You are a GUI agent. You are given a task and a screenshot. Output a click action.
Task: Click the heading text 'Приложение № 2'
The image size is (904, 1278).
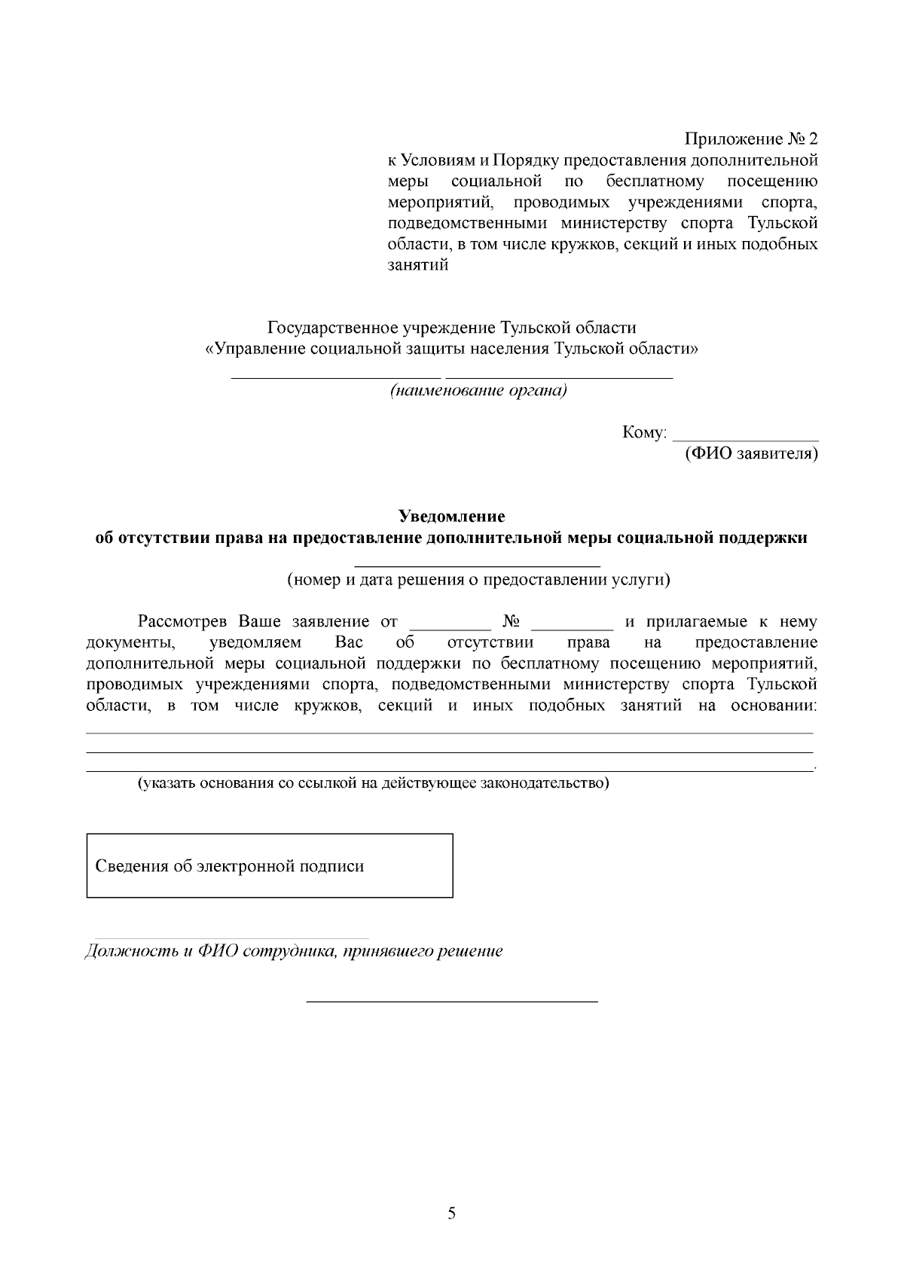(x=750, y=139)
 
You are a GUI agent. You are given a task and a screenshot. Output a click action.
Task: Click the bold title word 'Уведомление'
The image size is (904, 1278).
(x=451, y=517)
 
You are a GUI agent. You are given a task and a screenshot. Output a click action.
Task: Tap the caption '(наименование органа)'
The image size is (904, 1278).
(x=478, y=391)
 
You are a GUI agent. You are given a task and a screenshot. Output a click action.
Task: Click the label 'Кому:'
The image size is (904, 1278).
(x=645, y=433)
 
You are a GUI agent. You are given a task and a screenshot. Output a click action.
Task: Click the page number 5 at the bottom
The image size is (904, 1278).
(x=451, y=1213)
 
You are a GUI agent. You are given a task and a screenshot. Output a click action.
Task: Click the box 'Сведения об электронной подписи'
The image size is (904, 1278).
(x=269, y=865)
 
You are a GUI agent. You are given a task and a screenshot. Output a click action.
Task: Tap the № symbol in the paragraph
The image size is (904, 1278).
(x=512, y=621)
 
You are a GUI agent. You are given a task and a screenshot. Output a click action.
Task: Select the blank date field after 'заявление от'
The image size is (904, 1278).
(x=450, y=625)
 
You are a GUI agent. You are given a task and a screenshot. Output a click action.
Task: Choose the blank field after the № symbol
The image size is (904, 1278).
(x=573, y=625)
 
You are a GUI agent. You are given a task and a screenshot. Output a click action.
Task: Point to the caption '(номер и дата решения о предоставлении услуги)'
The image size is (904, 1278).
(x=478, y=580)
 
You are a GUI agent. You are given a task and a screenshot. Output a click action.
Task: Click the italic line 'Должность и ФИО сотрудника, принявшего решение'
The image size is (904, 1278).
(x=293, y=950)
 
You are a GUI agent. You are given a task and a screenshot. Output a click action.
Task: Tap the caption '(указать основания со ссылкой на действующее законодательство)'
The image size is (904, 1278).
(x=373, y=782)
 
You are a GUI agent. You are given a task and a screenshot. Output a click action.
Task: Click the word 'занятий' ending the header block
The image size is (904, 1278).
(x=418, y=265)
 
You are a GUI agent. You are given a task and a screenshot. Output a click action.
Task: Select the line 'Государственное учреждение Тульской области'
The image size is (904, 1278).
(x=451, y=328)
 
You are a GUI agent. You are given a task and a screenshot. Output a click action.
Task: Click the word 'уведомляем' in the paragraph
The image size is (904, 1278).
(x=255, y=642)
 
